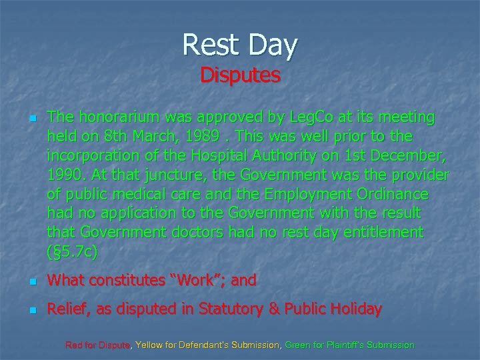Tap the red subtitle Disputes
coord(240,75)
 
